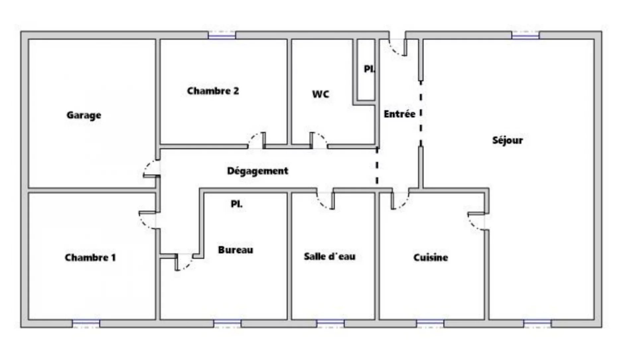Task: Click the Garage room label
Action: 84,115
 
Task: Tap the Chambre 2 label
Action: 213,91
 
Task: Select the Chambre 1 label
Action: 90,257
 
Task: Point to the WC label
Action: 321,94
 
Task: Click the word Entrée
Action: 399,114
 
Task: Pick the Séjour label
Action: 508,140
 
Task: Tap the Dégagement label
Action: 257,171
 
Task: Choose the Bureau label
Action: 236,250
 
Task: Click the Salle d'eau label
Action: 330,256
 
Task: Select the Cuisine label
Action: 431,257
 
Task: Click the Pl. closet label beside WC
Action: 369,69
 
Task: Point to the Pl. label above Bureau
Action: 237,204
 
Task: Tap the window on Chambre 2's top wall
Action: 222,35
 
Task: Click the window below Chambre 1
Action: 86,324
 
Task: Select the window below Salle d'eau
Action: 330,324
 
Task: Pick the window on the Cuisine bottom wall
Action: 430,324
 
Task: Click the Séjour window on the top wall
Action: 526,35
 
